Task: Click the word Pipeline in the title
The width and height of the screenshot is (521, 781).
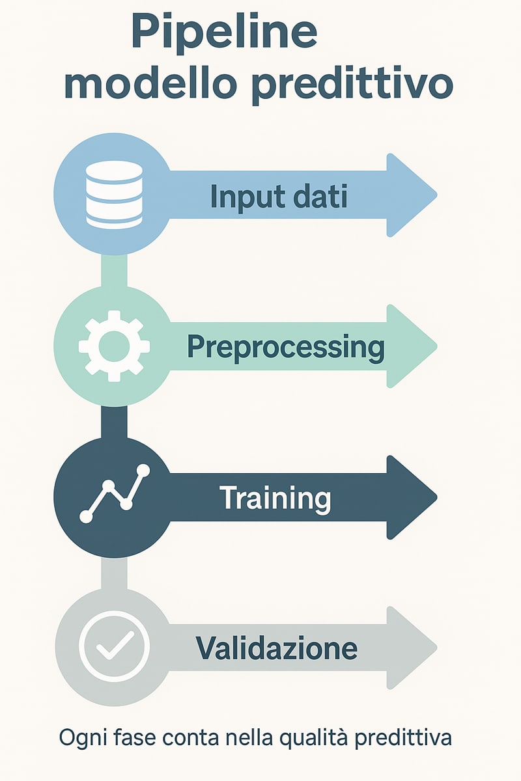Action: point(225,34)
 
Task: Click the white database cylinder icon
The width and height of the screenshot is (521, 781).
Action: point(114,195)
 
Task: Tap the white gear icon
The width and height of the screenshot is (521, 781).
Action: point(114,346)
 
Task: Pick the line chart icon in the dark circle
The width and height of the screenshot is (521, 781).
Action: point(115,493)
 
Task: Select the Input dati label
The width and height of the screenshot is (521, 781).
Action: point(279,196)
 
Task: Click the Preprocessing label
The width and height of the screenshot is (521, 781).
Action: point(286,348)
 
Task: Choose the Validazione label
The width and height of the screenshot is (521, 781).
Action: point(277,648)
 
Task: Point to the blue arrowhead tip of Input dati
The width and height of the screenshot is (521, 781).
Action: point(437,195)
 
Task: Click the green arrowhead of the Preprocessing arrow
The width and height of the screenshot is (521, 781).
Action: point(412,346)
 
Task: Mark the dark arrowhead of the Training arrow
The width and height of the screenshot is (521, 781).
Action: point(412,497)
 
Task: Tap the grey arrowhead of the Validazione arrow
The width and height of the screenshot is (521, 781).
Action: point(412,648)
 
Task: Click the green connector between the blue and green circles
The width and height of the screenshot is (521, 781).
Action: point(114,271)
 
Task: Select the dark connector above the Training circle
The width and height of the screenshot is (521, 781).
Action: point(114,422)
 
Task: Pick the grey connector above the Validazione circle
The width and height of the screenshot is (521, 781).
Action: point(114,573)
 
